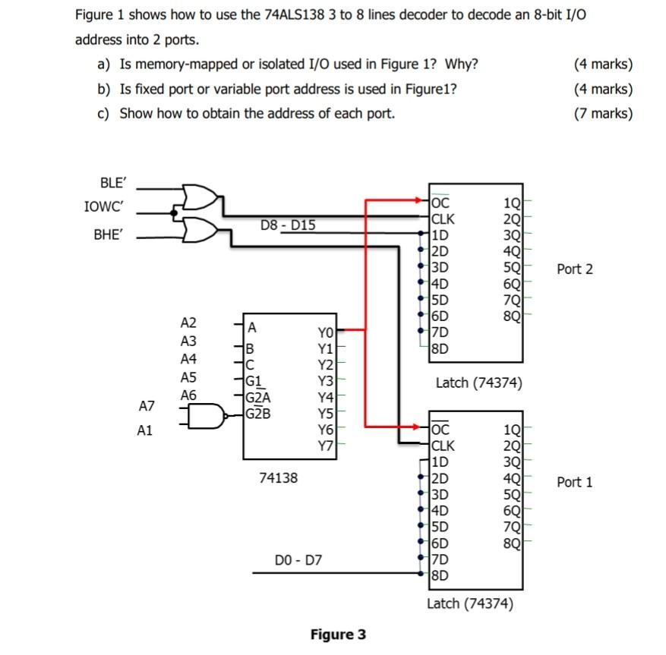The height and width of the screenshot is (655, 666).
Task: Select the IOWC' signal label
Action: pyautogui.click(x=106, y=206)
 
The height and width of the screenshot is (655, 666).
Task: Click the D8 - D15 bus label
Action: pyautogui.click(x=288, y=225)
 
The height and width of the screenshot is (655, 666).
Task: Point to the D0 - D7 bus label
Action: pyautogui.click(x=298, y=561)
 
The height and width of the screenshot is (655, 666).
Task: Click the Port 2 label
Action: pyautogui.click(x=574, y=269)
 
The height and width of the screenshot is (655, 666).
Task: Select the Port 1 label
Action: pyautogui.click(x=574, y=482)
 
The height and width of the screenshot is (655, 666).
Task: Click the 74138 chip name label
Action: pyautogui.click(x=279, y=478)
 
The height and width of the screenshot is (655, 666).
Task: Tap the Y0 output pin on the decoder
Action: pyautogui.click(x=324, y=331)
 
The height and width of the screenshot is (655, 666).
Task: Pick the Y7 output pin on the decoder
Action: pyautogui.click(x=324, y=445)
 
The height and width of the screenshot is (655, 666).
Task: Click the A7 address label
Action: pyautogui.click(x=147, y=408)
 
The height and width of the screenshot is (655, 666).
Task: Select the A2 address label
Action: pyautogui.click(x=188, y=323)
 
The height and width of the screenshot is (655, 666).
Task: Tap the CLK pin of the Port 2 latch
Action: pyautogui.click(x=443, y=219)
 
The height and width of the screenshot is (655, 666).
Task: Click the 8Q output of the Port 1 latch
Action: pyautogui.click(x=512, y=542)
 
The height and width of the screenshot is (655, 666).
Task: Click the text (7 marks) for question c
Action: pyautogui.click(x=603, y=113)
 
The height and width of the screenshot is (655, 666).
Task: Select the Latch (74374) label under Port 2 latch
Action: pyautogui.click(x=478, y=383)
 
